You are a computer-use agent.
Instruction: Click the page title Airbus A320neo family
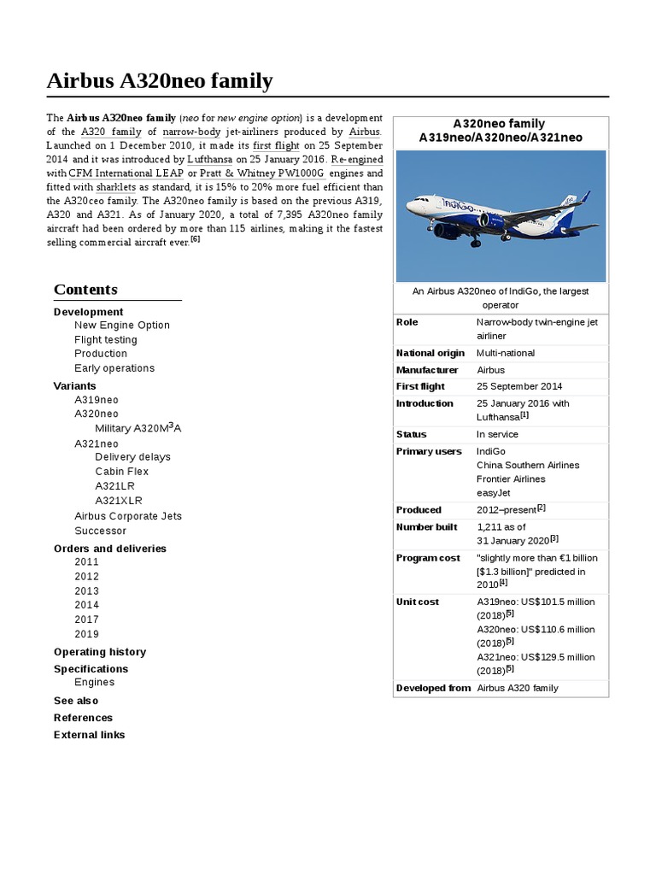point(160,82)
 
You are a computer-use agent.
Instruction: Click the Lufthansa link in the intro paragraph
point(209,160)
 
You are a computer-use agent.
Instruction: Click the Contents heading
point(85,290)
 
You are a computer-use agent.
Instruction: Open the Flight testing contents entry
point(105,339)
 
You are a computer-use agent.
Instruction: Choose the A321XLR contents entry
point(119,501)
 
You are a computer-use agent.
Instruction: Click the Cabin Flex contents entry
point(121,472)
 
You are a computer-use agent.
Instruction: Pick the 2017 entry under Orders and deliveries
point(86,620)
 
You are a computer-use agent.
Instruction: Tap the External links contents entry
point(89,735)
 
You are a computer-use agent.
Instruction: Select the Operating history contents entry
point(99,652)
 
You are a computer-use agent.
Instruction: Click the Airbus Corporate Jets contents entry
point(127,516)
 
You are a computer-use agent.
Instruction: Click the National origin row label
point(430,353)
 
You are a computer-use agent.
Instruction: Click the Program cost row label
point(428,558)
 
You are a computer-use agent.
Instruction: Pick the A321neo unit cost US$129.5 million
point(536,657)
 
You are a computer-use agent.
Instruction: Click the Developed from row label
point(433,688)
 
